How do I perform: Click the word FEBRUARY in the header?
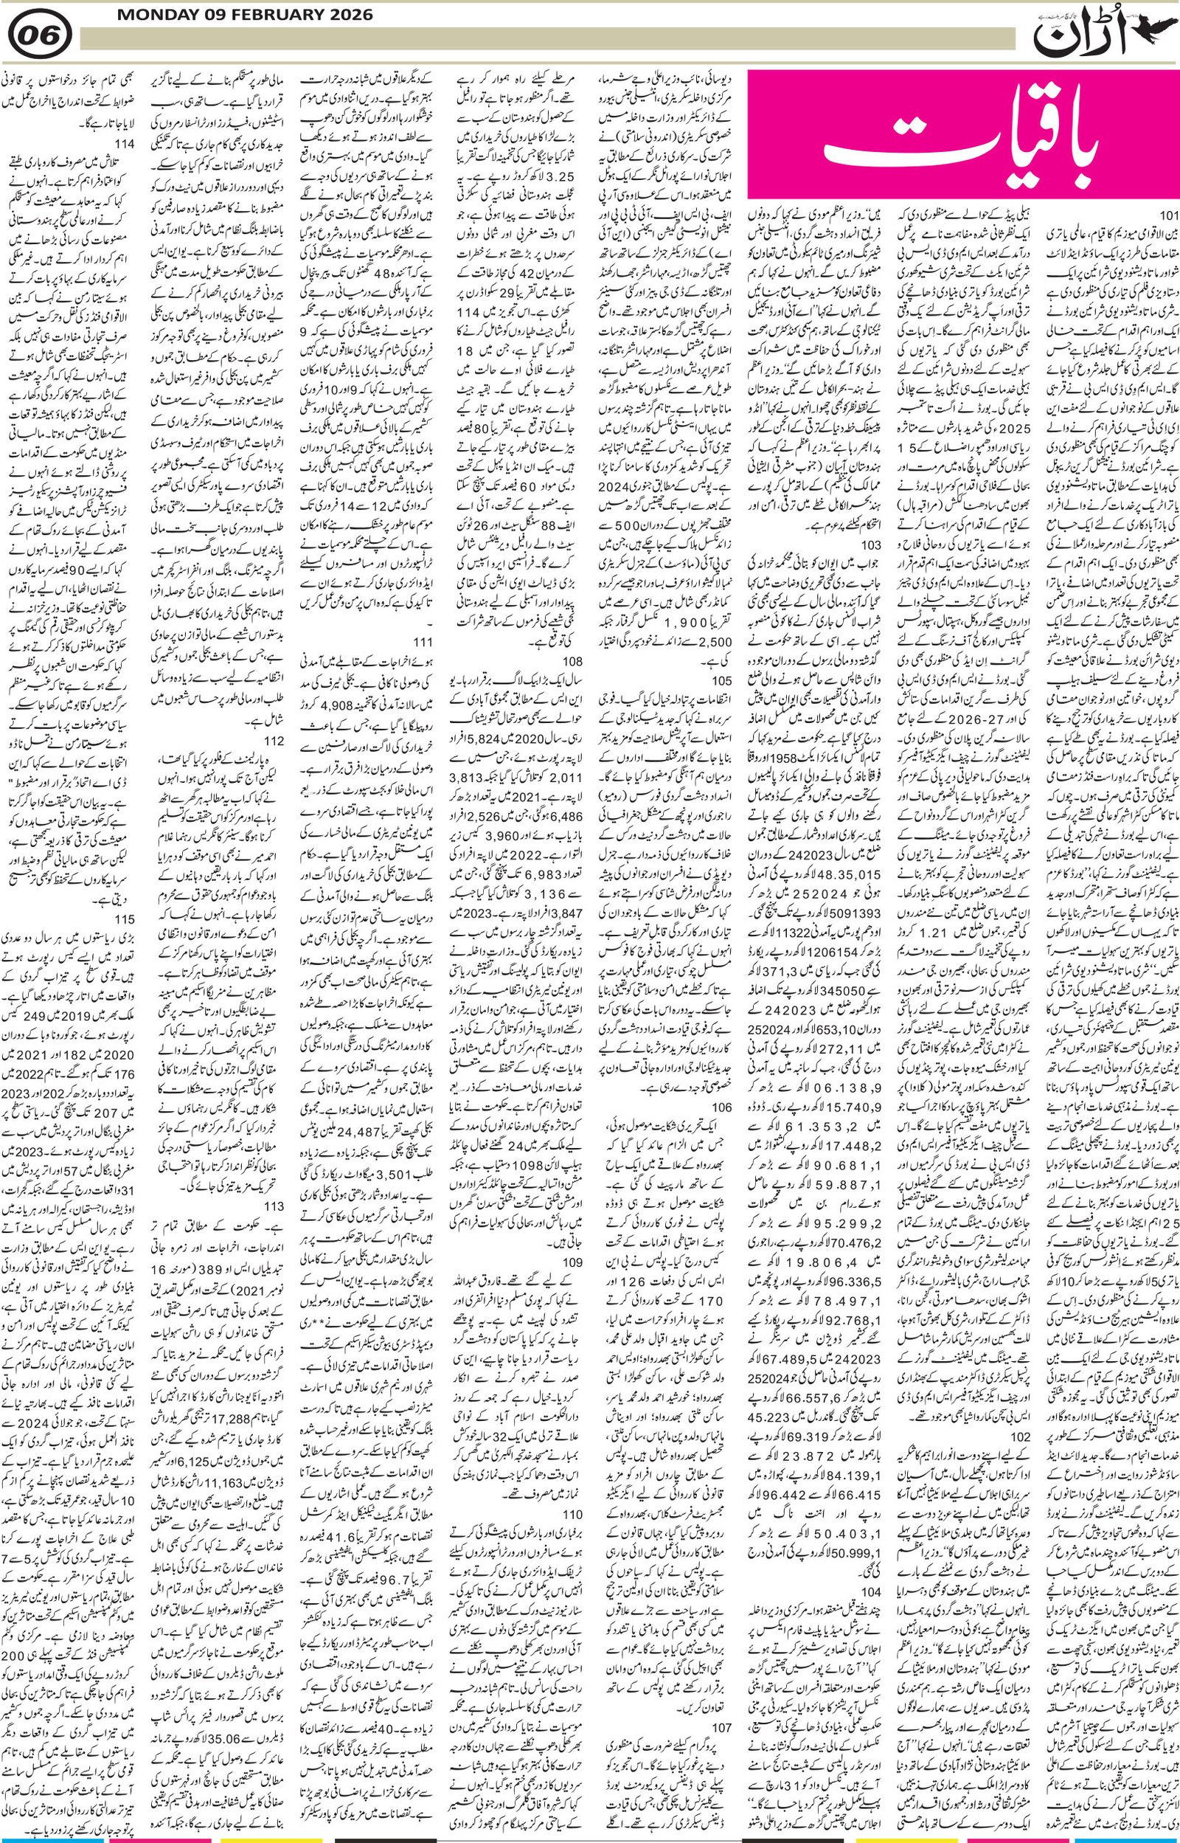click(268, 15)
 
